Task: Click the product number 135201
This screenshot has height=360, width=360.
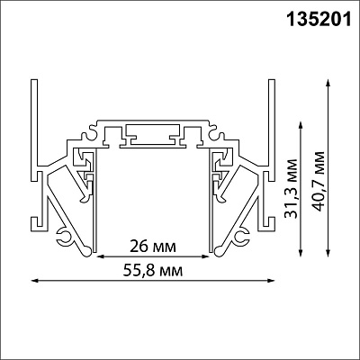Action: click(319, 20)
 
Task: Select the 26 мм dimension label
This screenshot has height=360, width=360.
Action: click(152, 247)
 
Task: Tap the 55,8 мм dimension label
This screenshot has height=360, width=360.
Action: click(153, 271)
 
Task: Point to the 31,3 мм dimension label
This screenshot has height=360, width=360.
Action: click(291, 189)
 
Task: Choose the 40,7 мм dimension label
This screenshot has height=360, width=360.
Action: click(318, 181)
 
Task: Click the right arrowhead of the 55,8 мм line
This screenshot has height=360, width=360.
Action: click(271, 281)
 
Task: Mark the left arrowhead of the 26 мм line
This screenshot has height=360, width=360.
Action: click(100, 256)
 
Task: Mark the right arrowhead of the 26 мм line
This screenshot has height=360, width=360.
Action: click(205, 256)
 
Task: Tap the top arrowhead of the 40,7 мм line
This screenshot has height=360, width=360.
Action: click(328, 83)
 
